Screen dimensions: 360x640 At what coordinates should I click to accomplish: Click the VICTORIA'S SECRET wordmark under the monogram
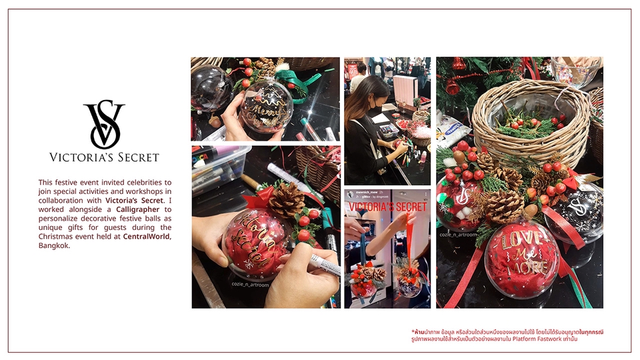pos(104,157)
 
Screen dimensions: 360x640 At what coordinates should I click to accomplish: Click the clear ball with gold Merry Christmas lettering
pos(266,105)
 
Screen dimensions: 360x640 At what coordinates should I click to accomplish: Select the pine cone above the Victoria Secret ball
pos(287,199)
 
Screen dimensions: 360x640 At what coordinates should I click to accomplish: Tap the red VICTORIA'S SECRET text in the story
pos(387,207)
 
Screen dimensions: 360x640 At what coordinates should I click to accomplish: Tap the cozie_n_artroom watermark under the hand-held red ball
pos(253,283)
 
